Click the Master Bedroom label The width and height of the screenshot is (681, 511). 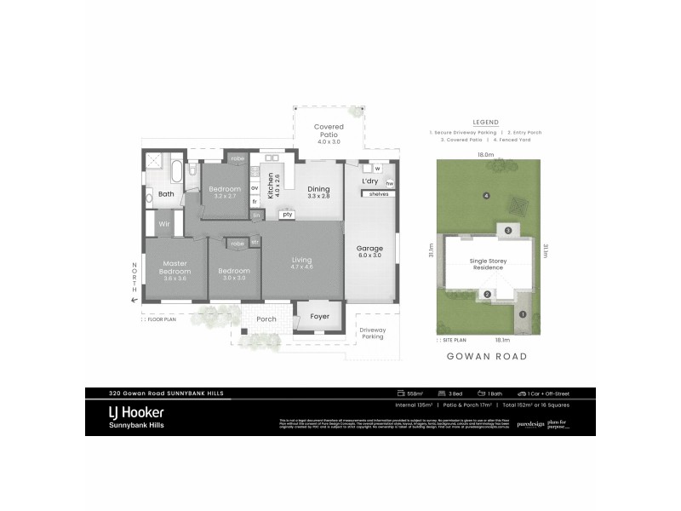(175, 268)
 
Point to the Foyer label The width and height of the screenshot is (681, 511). (319, 316)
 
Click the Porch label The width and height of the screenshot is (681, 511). (266, 320)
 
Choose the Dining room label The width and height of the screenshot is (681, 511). (318, 191)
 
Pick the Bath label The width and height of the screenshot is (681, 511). (165, 194)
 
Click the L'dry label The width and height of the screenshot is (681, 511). (369, 181)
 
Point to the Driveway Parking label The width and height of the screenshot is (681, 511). (372, 333)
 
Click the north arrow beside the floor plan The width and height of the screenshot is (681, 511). (133, 297)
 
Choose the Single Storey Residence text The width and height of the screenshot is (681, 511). (486, 265)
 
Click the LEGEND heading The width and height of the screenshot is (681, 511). (485, 123)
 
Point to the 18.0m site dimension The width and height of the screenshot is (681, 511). (485, 155)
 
